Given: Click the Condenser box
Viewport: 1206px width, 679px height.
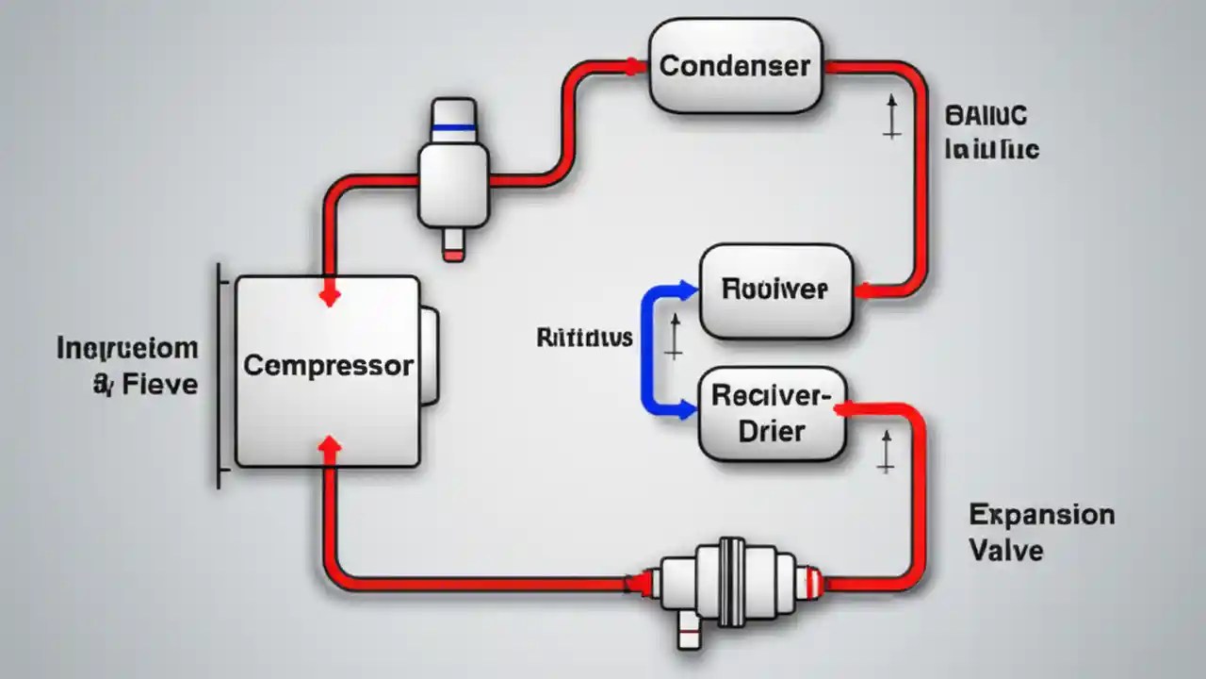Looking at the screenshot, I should [x=735, y=66].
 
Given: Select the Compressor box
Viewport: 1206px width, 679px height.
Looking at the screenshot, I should [x=327, y=371].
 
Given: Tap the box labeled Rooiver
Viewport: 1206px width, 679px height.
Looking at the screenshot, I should [x=775, y=290].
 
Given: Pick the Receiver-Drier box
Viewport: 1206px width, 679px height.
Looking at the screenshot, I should [x=772, y=415].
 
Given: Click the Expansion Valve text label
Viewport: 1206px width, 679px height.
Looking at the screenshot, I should [x=1040, y=533].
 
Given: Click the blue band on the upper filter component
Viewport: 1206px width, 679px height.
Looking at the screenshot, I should [x=453, y=125].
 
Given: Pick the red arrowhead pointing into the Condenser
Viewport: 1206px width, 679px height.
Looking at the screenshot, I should [x=635, y=67].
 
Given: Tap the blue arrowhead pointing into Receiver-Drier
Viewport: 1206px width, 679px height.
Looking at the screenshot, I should [x=687, y=410].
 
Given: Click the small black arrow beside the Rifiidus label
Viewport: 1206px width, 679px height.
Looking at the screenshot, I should [x=673, y=338].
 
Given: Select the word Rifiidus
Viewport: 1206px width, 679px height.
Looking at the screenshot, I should [x=584, y=338].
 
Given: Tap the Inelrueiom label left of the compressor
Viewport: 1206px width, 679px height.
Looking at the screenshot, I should [x=127, y=349].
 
